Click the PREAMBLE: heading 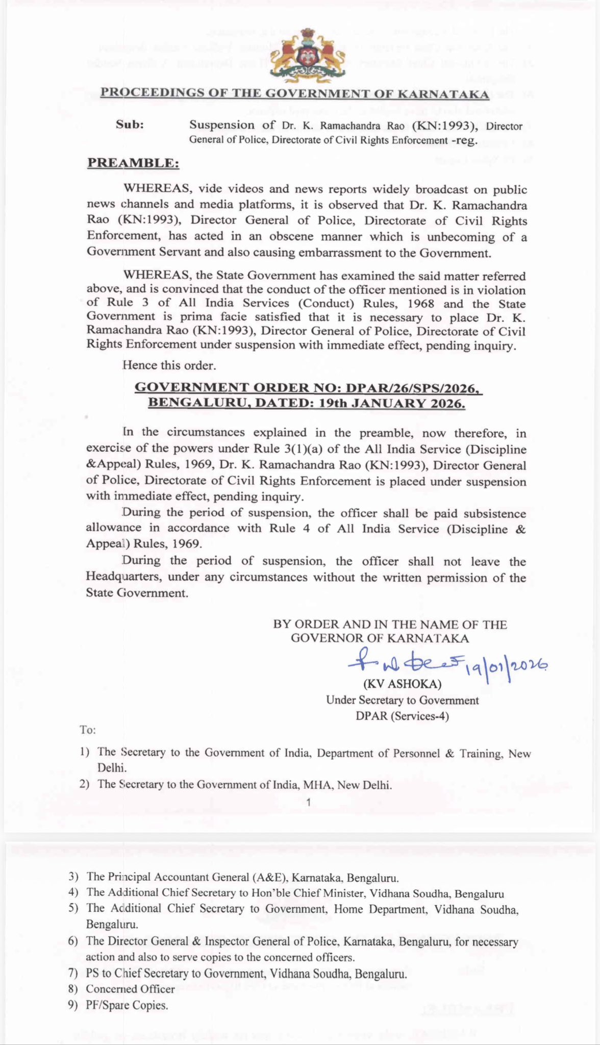133,163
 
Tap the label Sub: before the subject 130,125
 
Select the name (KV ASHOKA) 402,684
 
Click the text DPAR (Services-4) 402,716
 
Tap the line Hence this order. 169,365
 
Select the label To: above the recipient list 88,730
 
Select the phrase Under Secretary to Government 402,700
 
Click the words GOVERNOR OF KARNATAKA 380,638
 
